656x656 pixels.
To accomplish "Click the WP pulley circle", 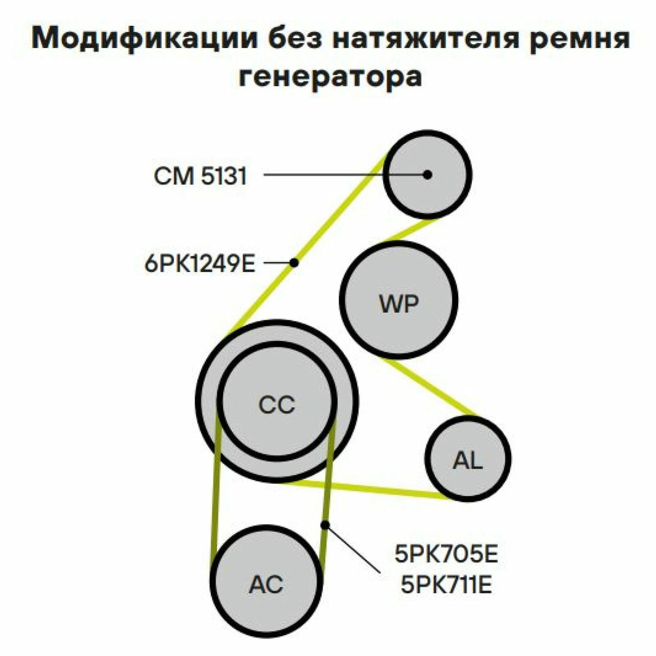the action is pyautogui.click(x=398, y=300).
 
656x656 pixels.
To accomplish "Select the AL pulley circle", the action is pyautogui.click(x=468, y=459).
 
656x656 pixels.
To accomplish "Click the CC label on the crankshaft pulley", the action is pyautogui.click(x=277, y=405).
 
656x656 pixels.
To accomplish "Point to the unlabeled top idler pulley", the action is pyautogui.click(x=427, y=174).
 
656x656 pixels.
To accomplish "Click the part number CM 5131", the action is pyautogui.click(x=200, y=177).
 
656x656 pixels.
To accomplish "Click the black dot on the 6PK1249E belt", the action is pyautogui.click(x=294, y=263).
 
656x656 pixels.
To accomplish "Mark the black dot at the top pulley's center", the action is pyautogui.click(x=427, y=174).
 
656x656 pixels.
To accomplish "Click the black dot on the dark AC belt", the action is pyautogui.click(x=325, y=525).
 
